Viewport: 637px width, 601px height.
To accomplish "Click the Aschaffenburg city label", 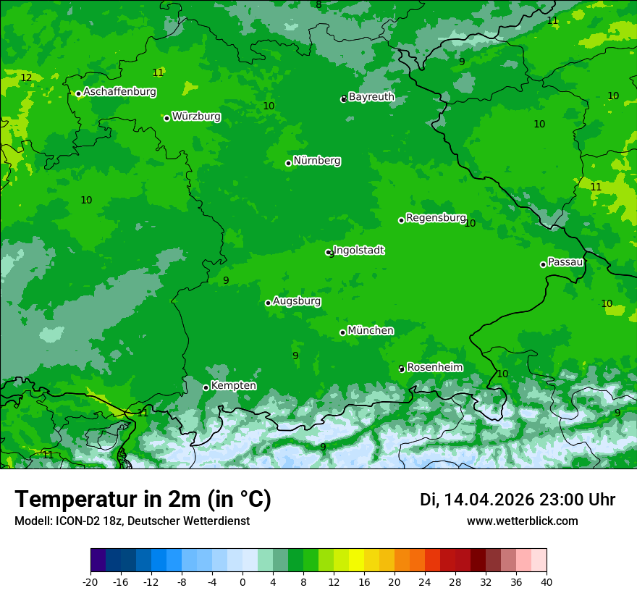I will [119, 92].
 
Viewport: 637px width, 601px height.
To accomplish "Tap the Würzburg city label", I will [196, 116].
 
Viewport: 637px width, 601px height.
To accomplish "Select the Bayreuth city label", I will [371, 96].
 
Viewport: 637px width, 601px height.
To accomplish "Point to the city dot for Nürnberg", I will [288, 163].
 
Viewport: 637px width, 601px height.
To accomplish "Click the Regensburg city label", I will [436, 217].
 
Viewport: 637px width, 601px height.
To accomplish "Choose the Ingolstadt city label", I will [359, 251].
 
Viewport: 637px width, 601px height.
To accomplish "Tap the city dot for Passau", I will [543, 264].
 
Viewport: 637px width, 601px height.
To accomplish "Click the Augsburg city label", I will [297, 300].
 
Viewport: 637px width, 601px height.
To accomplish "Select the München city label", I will [371, 330].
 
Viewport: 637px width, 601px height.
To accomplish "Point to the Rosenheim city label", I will [434, 367].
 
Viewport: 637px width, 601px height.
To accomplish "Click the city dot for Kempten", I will [206, 387].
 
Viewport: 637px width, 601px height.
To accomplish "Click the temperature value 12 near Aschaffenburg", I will [26, 77].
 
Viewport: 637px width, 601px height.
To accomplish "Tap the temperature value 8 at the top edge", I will [318, 5].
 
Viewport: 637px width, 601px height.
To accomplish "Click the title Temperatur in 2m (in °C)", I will [143, 500].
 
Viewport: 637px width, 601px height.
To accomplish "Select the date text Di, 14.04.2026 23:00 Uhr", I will [517, 500].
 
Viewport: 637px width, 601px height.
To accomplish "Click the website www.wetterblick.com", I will [522, 521].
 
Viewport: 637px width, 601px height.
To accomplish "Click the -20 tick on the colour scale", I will [90, 581].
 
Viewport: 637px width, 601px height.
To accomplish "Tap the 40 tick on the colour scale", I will [547, 581].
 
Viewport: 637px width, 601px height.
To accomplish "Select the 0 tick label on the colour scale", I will [242, 581].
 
